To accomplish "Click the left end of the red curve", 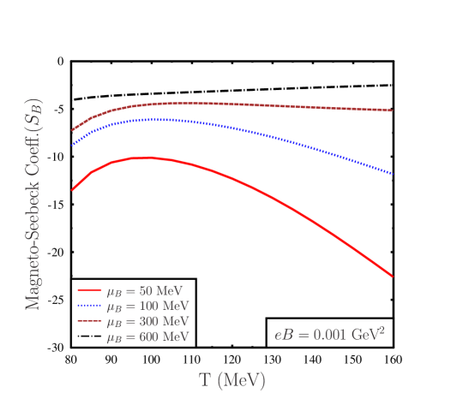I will coord(72,190).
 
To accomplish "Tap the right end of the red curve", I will coord(393,277).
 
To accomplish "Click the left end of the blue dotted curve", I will coord(72,145).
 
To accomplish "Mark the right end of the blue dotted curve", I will coord(393,174).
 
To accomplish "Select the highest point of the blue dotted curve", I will coord(154,119).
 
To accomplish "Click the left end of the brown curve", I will coord(72,130).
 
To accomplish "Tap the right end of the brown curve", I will coord(393,110).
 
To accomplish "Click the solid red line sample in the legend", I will coord(89,291).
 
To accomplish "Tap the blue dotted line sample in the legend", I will coord(89,307).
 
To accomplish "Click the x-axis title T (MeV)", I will coord(231,380).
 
